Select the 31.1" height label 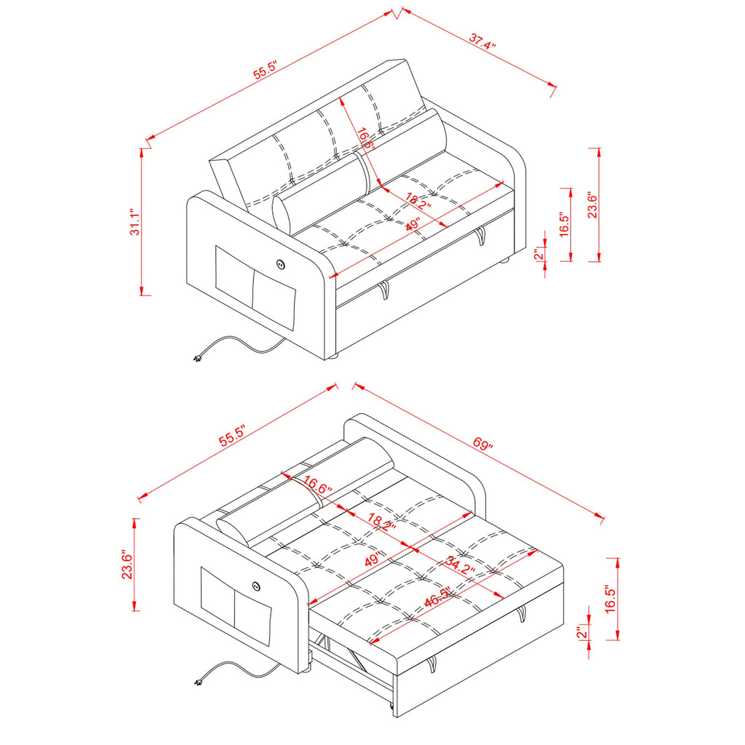(135, 222)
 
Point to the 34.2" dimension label (461, 566)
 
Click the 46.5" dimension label (437, 597)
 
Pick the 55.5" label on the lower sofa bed (232, 437)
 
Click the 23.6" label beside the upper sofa (592, 204)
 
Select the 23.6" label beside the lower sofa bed (127, 565)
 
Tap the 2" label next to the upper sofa (538, 254)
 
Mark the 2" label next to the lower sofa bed (581, 633)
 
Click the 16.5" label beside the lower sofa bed (610, 600)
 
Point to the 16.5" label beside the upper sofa (564, 224)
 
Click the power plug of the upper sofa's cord (197, 358)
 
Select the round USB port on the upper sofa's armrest (280, 263)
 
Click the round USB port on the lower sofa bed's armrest (257, 587)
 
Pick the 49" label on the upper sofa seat (413, 224)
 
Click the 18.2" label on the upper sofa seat (418, 201)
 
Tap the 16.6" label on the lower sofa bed (317, 485)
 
